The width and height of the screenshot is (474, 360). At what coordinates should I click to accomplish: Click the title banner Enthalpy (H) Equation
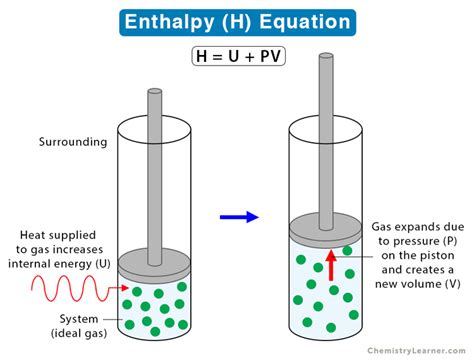click(237, 22)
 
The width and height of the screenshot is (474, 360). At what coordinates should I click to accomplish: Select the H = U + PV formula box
click(237, 57)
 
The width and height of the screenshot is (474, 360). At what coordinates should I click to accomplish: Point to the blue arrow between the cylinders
click(237, 214)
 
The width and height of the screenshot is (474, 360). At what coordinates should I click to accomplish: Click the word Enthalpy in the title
click(171, 22)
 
